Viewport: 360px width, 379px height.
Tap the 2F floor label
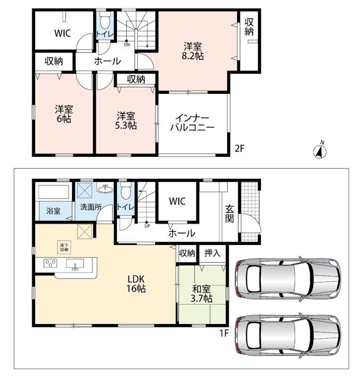(x=240, y=149)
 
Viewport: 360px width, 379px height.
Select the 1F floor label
(x=224, y=334)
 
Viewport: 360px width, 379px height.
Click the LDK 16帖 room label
(x=136, y=284)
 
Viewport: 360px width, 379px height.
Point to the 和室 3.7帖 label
(x=202, y=294)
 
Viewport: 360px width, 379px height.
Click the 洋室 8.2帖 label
(x=193, y=51)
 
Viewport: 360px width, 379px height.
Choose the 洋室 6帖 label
(x=64, y=114)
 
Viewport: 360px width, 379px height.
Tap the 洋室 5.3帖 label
(x=126, y=121)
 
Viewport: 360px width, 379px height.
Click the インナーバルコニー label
(x=193, y=123)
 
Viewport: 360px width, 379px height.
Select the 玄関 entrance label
(x=230, y=214)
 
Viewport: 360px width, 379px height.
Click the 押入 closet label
(x=212, y=253)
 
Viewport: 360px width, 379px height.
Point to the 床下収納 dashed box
(x=64, y=247)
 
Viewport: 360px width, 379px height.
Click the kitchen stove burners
(x=50, y=263)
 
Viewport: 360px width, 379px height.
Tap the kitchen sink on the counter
(x=75, y=264)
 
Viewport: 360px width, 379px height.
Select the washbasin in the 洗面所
(x=105, y=188)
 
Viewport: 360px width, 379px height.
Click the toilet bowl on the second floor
(x=105, y=20)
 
